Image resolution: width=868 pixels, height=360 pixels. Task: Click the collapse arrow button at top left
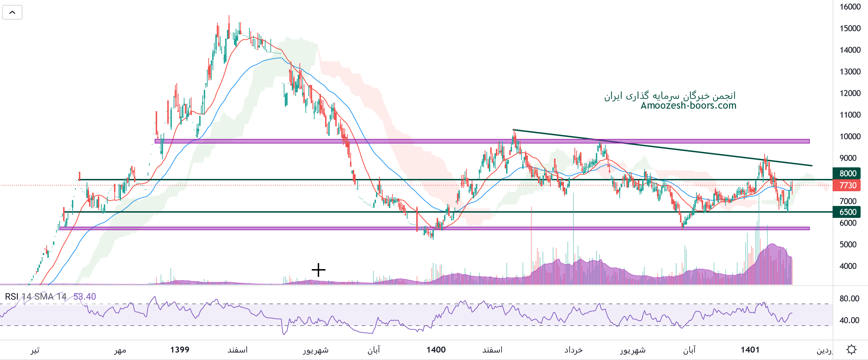pyautogui.click(x=12, y=13)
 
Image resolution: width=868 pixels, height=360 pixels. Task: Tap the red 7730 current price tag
pyautogui.click(x=847, y=185)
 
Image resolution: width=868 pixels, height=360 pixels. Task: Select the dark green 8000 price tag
pyautogui.click(x=847, y=173)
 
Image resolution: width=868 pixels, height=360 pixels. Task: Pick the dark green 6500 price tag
pyautogui.click(x=847, y=212)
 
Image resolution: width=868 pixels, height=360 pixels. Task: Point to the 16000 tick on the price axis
pyautogui.click(x=850, y=7)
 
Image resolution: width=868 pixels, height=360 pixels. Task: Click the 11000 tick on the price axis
pyautogui.click(x=850, y=115)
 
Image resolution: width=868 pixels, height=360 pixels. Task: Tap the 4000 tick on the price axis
pyautogui.click(x=848, y=266)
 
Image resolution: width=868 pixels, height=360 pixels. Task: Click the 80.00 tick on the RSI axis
pyautogui.click(x=849, y=299)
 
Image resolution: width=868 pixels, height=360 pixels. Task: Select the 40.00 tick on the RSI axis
pyautogui.click(x=849, y=320)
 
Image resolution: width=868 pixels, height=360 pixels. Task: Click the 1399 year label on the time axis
pyautogui.click(x=180, y=350)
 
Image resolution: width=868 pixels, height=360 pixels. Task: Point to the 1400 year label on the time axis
pyautogui.click(x=436, y=350)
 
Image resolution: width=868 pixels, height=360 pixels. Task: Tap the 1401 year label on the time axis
pyautogui.click(x=750, y=350)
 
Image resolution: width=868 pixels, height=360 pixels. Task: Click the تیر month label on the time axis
pyautogui.click(x=35, y=350)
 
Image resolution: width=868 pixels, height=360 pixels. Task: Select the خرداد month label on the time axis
pyautogui.click(x=573, y=350)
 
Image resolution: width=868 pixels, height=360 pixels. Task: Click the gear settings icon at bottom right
pyautogui.click(x=851, y=349)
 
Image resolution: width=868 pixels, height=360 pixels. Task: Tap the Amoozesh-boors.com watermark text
pyautogui.click(x=688, y=106)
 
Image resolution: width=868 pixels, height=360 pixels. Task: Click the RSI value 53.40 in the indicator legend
pyautogui.click(x=85, y=297)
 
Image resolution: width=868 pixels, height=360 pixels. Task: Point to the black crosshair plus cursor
pyautogui.click(x=318, y=270)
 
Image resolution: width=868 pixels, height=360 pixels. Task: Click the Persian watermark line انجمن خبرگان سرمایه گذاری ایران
pyautogui.click(x=669, y=96)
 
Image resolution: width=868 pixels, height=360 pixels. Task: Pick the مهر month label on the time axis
pyautogui.click(x=120, y=350)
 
